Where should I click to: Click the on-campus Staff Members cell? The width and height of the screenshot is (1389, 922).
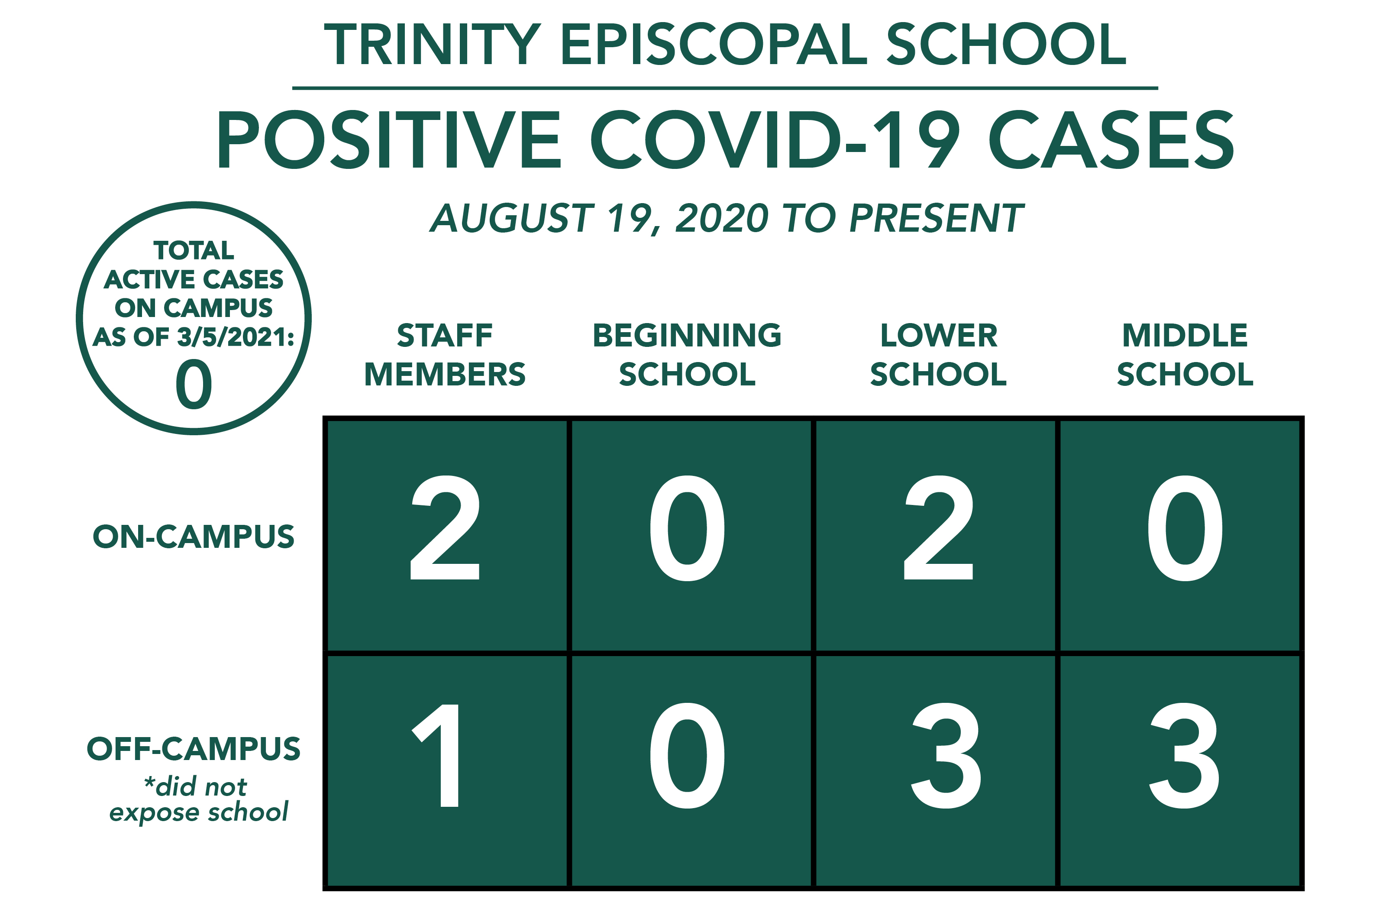447,536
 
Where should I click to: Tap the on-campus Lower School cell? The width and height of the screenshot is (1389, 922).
935,536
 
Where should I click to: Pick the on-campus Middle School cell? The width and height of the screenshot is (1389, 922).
1180,536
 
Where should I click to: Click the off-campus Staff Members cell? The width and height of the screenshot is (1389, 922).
447,770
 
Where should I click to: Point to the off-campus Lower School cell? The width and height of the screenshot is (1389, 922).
935,770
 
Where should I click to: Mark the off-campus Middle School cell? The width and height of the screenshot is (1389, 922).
1180,770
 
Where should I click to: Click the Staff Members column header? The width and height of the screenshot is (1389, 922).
445,355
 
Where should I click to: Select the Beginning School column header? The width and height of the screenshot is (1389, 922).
687,355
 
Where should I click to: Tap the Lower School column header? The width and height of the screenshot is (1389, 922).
938,355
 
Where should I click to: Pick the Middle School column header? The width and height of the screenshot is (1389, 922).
1185,355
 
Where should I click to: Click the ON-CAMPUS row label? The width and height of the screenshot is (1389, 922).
194,537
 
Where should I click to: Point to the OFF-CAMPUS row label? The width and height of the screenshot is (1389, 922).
194,748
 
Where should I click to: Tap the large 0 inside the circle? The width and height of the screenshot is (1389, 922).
194,385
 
